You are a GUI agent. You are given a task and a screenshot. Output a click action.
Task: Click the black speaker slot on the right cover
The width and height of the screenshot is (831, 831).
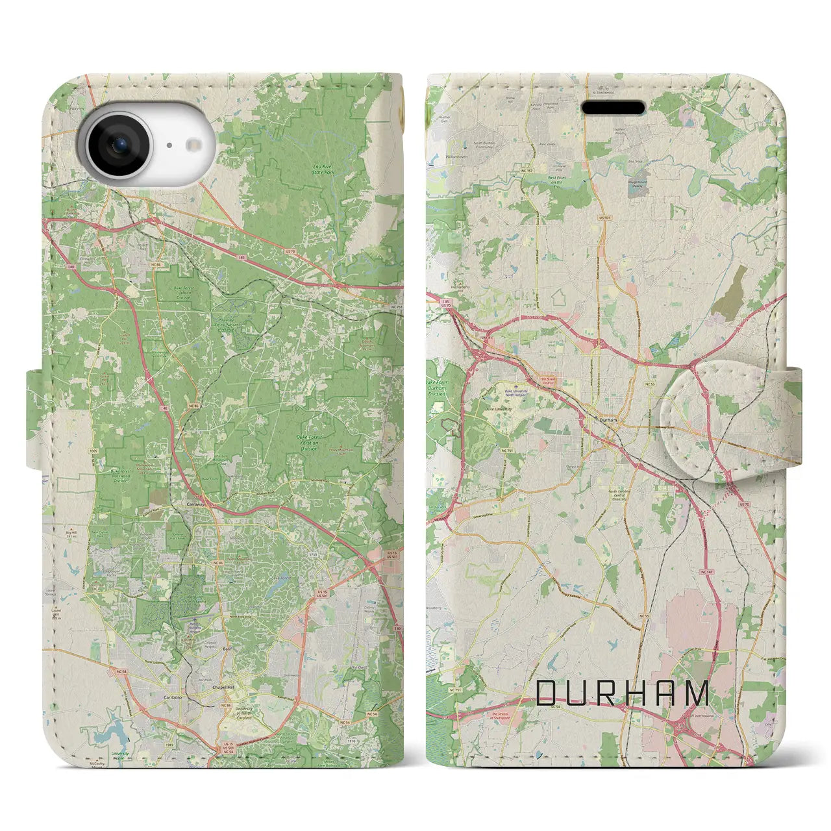pos(613,108)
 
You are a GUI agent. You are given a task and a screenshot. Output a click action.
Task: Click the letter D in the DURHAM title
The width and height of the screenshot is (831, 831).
pos(547,693)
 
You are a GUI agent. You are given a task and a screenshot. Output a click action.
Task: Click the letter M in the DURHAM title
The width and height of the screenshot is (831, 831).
pos(698,693)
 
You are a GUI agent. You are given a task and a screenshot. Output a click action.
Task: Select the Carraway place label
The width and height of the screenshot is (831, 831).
pos(195,504)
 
